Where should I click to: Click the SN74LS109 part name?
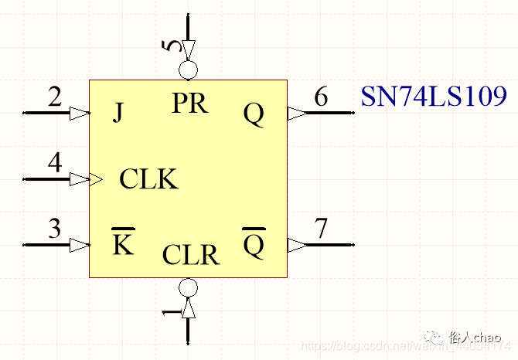click(x=434, y=97)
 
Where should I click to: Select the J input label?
click(x=118, y=114)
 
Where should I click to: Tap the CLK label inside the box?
click(x=148, y=179)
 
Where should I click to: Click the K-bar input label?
click(x=121, y=244)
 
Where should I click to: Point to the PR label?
click(x=189, y=103)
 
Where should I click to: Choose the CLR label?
click(x=190, y=255)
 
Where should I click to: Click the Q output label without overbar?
click(x=254, y=114)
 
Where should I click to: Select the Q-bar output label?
click(x=254, y=245)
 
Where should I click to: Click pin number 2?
click(x=54, y=97)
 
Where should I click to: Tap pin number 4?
click(x=54, y=164)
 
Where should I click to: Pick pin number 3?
click(x=54, y=229)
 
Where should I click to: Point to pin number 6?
click(x=321, y=97)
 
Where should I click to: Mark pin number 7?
click(x=321, y=229)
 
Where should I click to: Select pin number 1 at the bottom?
click(x=172, y=312)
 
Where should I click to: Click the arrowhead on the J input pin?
click(x=79, y=114)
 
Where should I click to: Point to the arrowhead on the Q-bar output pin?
click(x=297, y=245)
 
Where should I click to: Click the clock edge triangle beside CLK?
click(x=97, y=179)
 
